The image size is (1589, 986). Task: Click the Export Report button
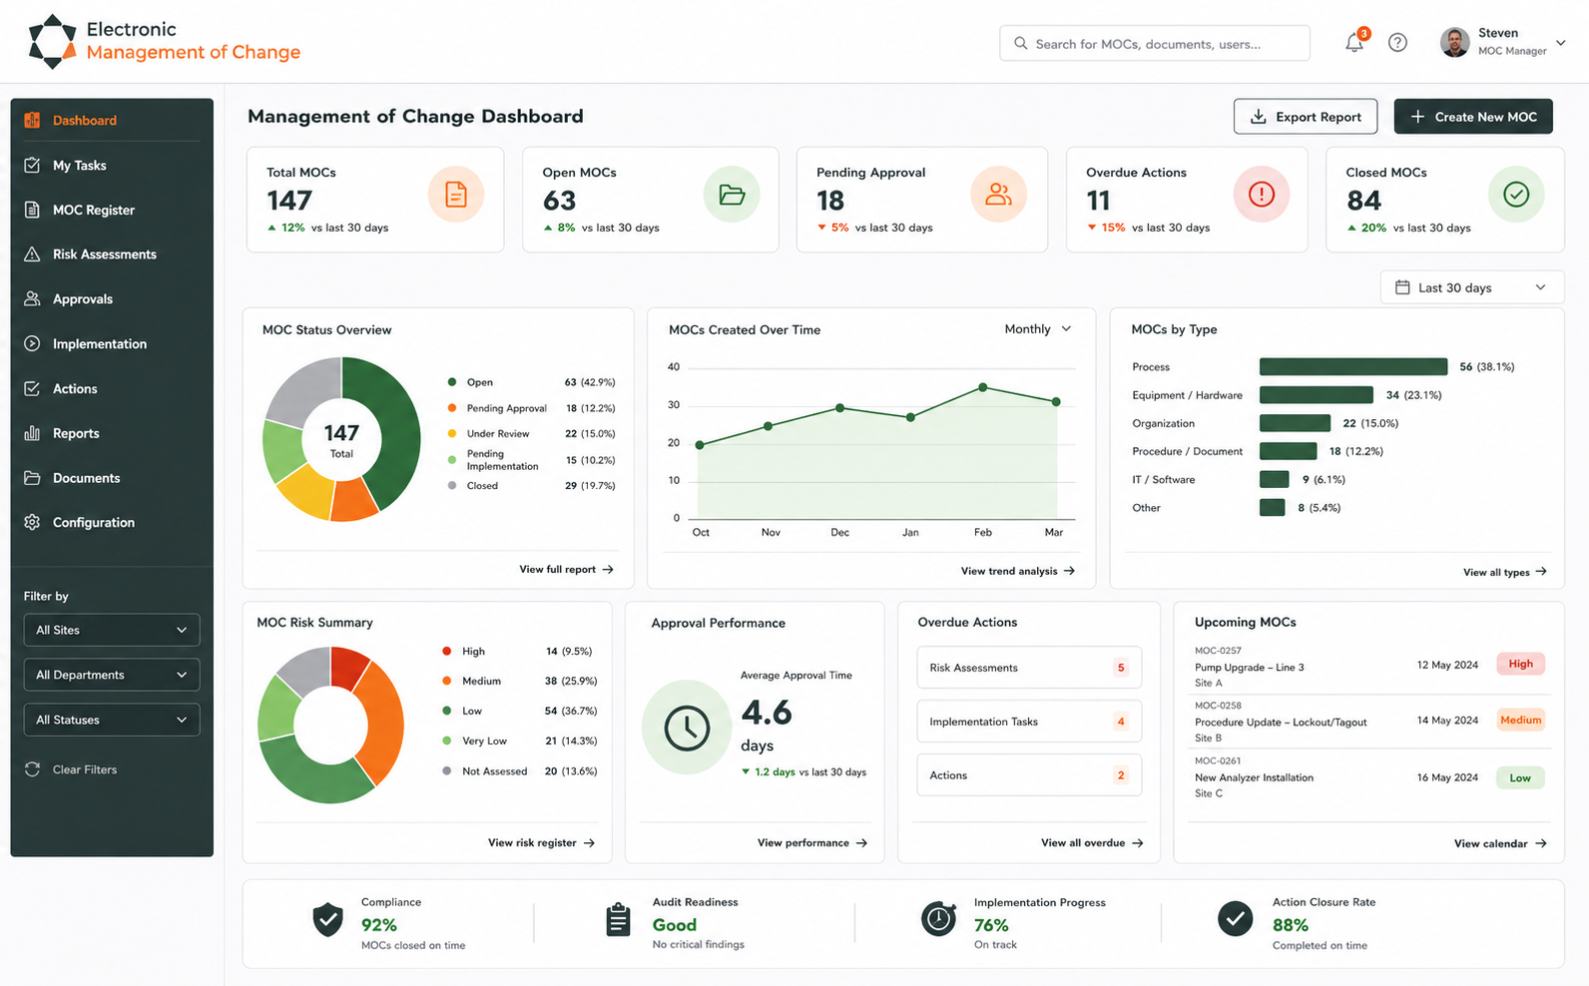[x=1306, y=117]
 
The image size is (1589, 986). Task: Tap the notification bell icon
[x=1354, y=43]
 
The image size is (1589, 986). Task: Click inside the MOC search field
[x=1154, y=43]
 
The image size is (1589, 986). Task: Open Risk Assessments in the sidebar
[x=104, y=253]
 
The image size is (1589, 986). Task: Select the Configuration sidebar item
[x=93, y=522]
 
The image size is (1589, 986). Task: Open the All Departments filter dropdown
[x=112, y=675]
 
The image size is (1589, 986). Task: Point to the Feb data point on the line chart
[x=982, y=387]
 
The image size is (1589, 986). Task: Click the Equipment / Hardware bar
[x=1316, y=395]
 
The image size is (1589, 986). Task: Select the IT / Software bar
[x=1274, y=479]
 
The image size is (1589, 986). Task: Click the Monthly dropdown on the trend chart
[x=1038, y=329]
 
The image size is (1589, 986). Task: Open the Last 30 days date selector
[x=1472, y=287]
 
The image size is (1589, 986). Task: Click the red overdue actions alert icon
[x=1261, y=195]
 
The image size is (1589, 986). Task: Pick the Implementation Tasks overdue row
[x=1029, y=722]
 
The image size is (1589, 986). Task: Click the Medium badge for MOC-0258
[x=1520, y=720]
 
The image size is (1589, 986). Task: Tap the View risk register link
[x=541, y=842]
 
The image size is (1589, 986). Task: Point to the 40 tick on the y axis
[x=673, y=366]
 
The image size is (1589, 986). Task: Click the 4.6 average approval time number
[x=767, y=713]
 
